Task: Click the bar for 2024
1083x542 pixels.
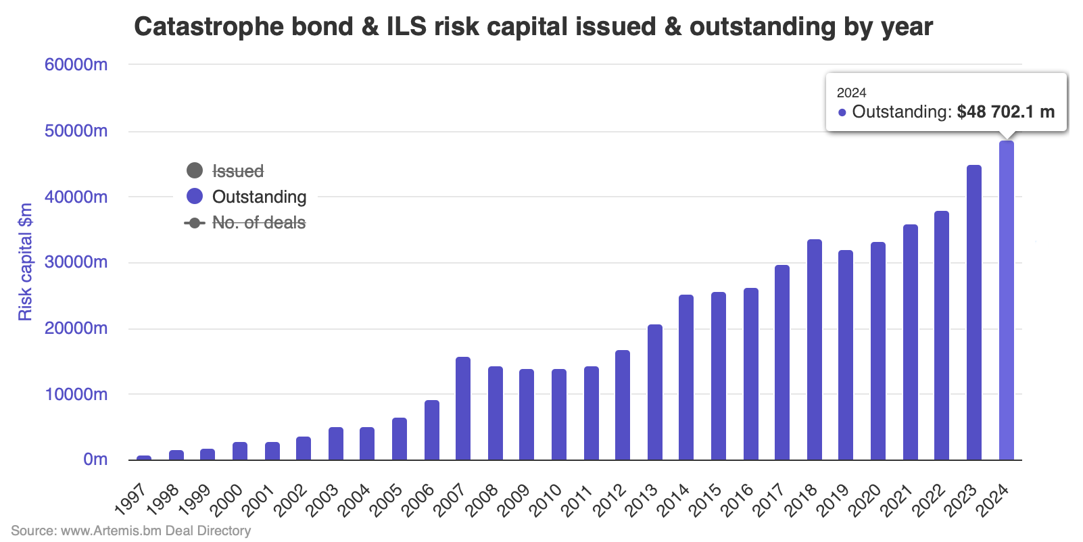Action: [x=1006, y=301]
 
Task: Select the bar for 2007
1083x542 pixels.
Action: [x=463, y=409]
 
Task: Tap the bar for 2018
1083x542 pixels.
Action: [x=815, y=350]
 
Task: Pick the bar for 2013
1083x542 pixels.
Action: [x=655, y=393]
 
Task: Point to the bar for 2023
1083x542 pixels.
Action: [x=974, y=313]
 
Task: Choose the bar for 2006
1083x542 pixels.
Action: [x=432, y=430]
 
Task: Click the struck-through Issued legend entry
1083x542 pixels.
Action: [x=237, y=171]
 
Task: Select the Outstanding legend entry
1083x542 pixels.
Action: [x=259, y=197]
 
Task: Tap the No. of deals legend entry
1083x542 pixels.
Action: [x=258, y=222]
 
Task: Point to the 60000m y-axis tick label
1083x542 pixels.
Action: [x=76, y=65]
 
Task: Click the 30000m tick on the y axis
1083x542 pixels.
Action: [x=76, y=262]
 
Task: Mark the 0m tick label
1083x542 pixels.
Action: [x=95, y=460]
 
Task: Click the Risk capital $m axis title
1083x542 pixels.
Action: [x=25, y=262]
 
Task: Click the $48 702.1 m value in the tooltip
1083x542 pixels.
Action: [x=1005, y=112]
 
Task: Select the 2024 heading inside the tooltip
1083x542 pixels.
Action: [x=851, y=93]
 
